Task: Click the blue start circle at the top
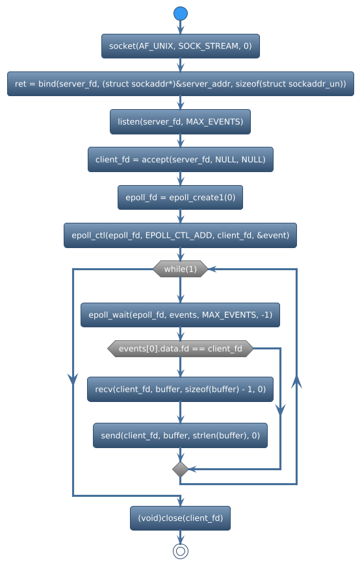coord(180,13)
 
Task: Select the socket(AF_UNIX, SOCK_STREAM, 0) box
coord(180,46)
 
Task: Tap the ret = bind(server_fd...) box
coord(180,84)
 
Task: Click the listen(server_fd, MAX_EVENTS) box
coord(180,121)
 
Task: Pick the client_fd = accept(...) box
coord(180,159)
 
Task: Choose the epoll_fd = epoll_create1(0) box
coord(180,197)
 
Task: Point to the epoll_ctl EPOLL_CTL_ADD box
coord(180,235)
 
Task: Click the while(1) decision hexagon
coord(180,269)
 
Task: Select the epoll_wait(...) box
coord(180,315)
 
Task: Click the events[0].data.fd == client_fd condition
coord(180,349)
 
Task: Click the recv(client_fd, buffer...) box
coord(180,389)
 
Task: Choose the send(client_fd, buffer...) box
coord(180,436)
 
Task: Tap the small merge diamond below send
coord(180,468)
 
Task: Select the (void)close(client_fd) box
coord(180,518)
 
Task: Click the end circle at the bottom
coord(180,551)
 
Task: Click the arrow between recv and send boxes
coord(180,413)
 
